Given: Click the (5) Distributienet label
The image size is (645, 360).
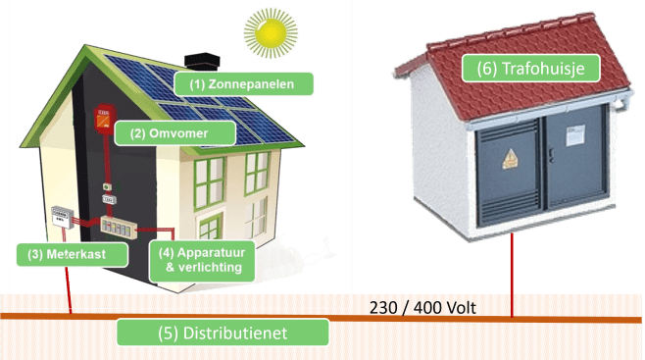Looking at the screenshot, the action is click(x=223, y=333).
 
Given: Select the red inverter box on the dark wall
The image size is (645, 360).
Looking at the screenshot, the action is click(x=102, y=120).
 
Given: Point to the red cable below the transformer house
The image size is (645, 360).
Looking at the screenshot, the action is click(x=513, y=280).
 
